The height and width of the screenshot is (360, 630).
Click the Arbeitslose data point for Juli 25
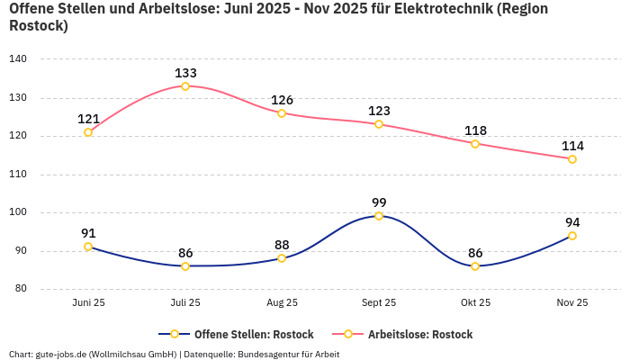(x=185, y=86)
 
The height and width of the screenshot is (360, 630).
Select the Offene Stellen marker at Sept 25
(x=379, y=216)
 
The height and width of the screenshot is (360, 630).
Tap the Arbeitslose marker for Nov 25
(x=572, y=159)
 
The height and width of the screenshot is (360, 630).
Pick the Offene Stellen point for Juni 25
(x=88, y=247)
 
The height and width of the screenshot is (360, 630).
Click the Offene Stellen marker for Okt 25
(x=475, y=266)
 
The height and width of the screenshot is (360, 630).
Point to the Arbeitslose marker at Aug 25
(x=282, y=113)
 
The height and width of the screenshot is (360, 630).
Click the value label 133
(x=185, y=73)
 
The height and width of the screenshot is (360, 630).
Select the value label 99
(x=379, y=202)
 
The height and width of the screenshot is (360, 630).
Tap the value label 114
(x=572, y=146)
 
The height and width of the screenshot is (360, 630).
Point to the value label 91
(x=88, y=233)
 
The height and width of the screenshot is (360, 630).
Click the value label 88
(x=282, y=245)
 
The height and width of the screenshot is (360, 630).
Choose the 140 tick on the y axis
(x=18, y=59)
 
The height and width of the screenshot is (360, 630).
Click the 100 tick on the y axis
(x=18, y=213)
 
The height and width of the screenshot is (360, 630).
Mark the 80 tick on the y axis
(x=21, y=290)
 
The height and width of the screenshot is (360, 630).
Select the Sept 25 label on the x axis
(x=379, y=303)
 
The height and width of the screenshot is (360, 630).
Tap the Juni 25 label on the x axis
(x=88, y=303)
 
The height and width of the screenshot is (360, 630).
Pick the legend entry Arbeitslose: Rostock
(x=419, y=335)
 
